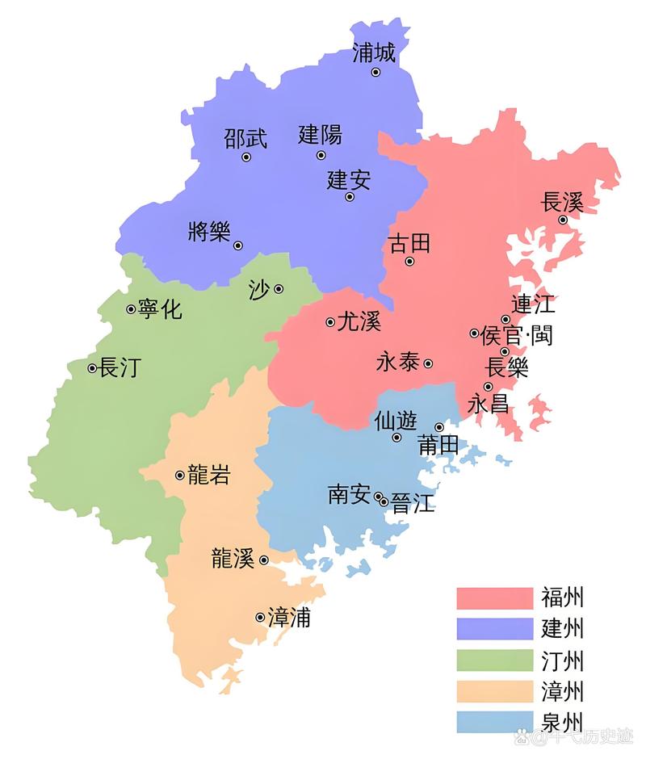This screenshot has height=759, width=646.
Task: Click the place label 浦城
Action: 374,53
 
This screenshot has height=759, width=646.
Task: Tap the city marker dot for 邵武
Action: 246,157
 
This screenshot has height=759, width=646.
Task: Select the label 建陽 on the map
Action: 321,134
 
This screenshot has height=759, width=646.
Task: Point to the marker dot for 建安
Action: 350,196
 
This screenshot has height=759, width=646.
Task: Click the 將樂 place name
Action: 209,233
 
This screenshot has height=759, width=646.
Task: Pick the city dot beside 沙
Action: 279,288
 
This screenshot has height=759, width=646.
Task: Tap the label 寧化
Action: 160,309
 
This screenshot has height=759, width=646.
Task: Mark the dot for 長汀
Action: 93,368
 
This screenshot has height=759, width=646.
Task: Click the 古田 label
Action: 410,243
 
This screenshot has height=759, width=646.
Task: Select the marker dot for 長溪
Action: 563,220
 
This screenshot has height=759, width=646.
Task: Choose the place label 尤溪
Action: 359,322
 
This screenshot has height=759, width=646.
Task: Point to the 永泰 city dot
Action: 428,363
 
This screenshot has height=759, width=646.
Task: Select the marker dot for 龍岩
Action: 180,475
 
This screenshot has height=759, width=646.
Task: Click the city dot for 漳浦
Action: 260,618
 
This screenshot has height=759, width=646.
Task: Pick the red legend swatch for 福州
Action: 494,598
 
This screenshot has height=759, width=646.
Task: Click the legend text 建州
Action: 563,628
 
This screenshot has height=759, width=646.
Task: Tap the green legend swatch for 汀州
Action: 494,660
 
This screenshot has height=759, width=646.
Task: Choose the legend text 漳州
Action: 563,691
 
